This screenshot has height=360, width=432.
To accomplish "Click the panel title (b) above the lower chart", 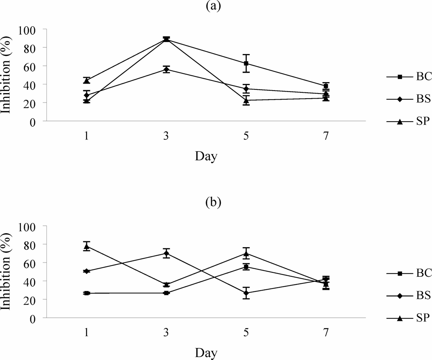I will pos(213,202).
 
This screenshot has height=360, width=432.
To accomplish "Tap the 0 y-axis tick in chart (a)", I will pos(36,121).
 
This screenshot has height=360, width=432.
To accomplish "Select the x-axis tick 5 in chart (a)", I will pos(246,136).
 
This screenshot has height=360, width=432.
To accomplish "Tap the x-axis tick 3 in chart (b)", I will pos(166,333).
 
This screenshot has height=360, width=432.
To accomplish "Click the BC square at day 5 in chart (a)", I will pos(246,64).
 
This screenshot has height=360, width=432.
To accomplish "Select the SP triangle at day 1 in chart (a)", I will pos(87,80).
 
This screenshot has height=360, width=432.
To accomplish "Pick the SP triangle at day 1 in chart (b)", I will pos(87,246).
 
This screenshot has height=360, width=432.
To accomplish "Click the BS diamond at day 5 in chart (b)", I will pos(246,293).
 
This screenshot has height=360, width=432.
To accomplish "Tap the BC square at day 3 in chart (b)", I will pos(166,293).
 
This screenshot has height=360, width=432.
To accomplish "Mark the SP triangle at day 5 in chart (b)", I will pos(246,253).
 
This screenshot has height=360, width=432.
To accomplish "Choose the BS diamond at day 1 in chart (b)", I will pos(87,271).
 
